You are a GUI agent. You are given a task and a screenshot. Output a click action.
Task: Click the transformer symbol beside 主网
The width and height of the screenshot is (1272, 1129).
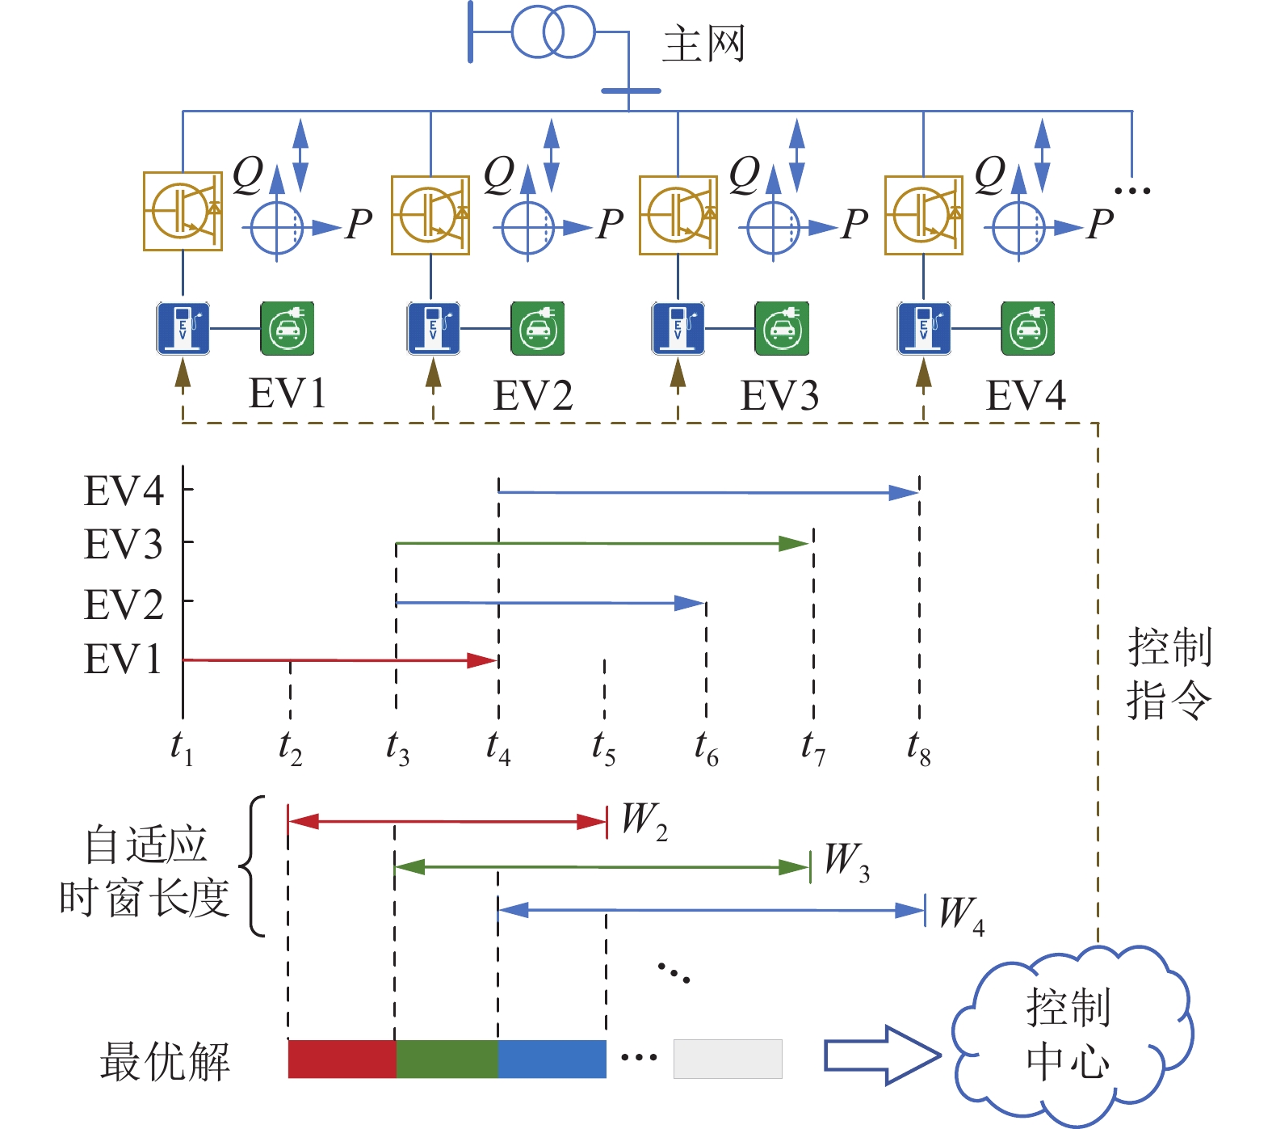[x=553, y=32]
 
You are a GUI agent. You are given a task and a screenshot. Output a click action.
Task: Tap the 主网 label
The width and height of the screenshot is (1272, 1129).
[x=703, y=44]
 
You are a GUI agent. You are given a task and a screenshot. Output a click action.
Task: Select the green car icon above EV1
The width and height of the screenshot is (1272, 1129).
[x=287, y=329]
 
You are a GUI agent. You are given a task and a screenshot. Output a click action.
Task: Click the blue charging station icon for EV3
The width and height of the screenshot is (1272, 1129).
[x=678, y=329]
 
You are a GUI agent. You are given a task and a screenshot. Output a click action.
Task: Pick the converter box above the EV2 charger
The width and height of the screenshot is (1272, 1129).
[x=430, y=215]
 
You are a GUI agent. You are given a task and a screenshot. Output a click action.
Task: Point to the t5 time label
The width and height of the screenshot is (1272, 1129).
[x=603, y=748]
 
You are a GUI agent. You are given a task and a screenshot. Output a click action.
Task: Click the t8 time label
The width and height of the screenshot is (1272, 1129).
[x=919, y=748]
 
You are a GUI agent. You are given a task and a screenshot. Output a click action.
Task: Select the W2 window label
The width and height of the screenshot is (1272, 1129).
[x=644, y=821]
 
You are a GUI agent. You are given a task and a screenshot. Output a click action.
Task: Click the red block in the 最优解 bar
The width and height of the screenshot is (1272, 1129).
[x=342, y=1059]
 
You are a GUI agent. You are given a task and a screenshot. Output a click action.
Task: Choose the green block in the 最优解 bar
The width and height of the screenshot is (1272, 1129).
[x=447, y=1059]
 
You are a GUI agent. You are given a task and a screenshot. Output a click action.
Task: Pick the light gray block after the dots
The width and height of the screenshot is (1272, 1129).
[x=728, y=1059]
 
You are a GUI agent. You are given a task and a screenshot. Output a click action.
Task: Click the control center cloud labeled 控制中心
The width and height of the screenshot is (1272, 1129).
[x=1070, y=1034]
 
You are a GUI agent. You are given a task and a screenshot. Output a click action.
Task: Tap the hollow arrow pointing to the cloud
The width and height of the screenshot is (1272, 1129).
[x=881, y=1055]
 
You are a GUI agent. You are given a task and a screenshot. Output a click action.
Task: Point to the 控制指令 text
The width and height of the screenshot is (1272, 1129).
[x=1169, y=673]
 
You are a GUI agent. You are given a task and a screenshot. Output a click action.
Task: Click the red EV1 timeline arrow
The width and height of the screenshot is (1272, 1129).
[x=339, y=660]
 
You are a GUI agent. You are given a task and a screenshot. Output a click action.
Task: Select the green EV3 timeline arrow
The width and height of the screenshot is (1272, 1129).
[x=602, y=544]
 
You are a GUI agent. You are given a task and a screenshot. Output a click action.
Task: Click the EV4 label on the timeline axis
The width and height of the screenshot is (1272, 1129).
[x=124, y=491]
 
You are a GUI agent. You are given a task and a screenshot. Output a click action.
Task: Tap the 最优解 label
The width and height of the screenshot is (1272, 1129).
[x=165, y=1061]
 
